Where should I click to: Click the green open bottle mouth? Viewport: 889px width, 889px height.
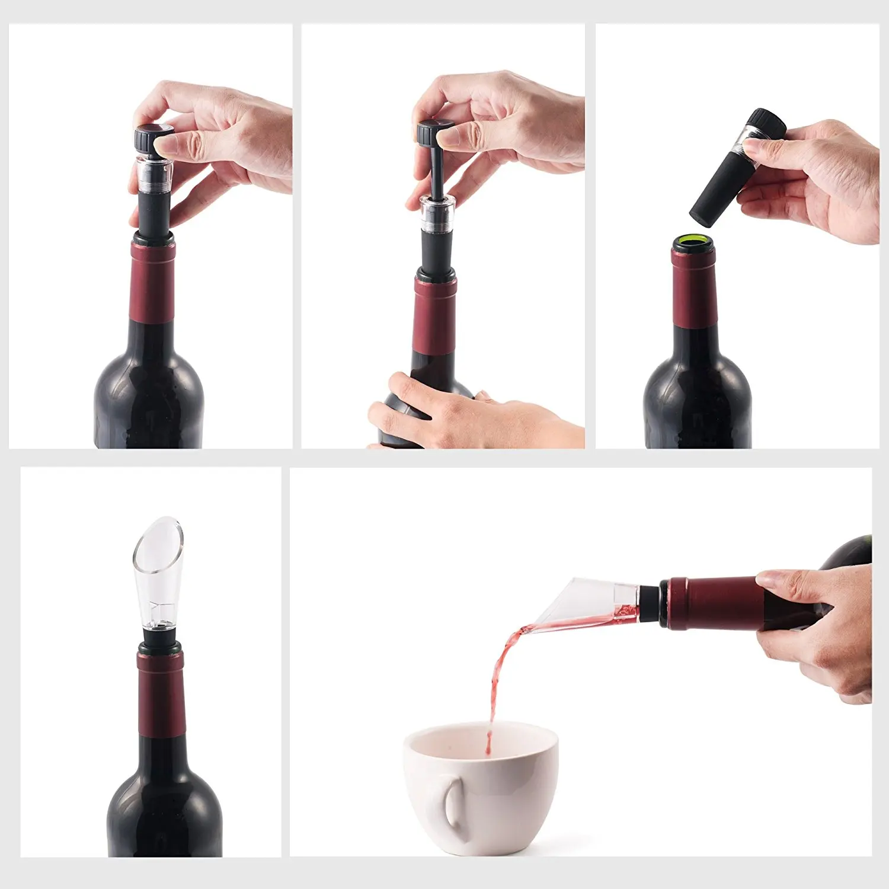(693, 241)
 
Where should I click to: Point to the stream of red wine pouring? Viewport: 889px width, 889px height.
(498, 670)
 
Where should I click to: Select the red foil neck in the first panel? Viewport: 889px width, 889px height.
(152, 279)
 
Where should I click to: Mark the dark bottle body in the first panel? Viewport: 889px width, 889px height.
(148, 391)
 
